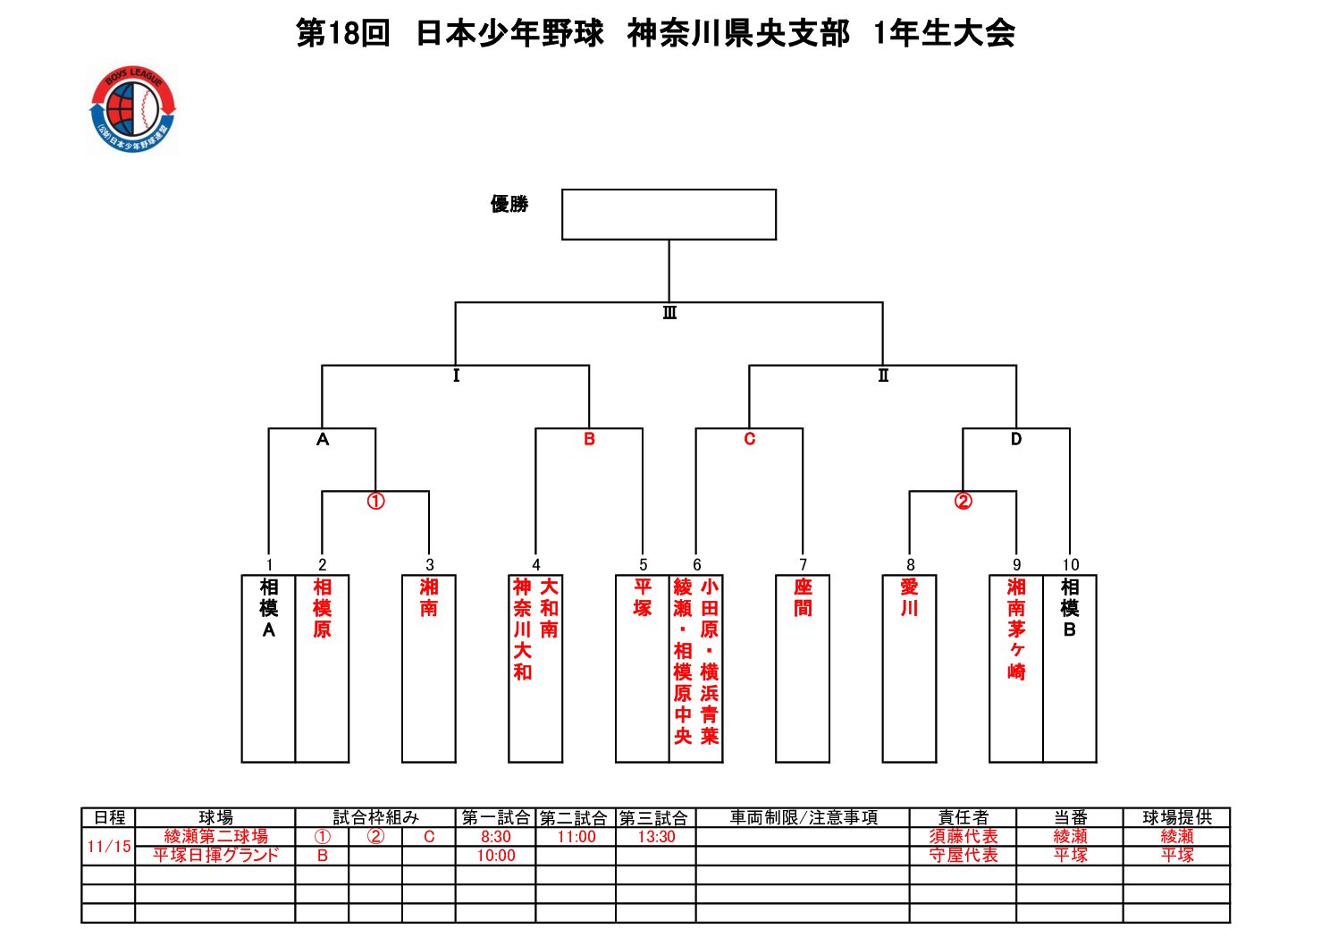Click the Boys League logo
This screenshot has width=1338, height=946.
click(133, 110)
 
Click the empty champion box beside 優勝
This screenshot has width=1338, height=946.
click(669, 215)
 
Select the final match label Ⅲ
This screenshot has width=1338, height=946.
click(669, 313)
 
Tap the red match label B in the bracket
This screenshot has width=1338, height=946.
click(589, 439)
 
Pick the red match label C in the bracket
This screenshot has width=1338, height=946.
click(749, 439)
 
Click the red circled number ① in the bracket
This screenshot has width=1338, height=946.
click(375, 502)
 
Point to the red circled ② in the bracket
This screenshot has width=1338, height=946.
click(963, 502)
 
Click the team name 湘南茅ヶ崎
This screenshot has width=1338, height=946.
click(1016, 629)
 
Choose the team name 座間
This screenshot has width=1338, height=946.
click(803, 598)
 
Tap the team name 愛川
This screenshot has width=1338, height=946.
click(909, 598)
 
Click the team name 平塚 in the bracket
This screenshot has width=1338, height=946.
click(643, 598)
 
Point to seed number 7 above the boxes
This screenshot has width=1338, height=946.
click(803, 565)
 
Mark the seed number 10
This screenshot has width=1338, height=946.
click(1070, 565)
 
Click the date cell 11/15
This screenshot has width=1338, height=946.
click(109, 846)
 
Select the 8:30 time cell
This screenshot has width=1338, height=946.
click(495, 837)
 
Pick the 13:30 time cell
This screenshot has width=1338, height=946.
click(656, 837)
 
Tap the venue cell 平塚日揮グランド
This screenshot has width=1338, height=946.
click(215, 856)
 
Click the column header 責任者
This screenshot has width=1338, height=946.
click(963, 817)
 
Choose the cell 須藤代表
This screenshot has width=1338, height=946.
click(963, 837)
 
